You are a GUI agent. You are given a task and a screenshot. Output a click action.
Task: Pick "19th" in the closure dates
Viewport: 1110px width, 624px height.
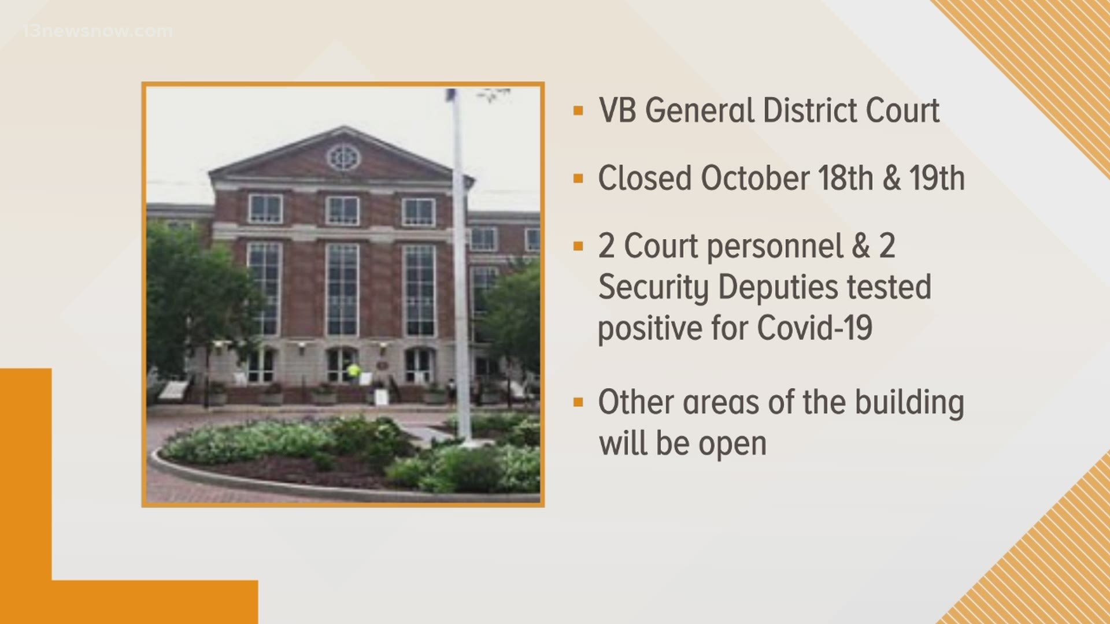937,178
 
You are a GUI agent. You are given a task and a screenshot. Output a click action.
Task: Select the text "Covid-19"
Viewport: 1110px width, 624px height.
814,328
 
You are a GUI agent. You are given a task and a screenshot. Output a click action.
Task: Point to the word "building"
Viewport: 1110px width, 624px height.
909,403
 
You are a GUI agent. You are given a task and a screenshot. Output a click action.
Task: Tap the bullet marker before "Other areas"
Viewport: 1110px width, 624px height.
578,402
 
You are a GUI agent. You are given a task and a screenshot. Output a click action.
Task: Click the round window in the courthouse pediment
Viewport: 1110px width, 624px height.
343,157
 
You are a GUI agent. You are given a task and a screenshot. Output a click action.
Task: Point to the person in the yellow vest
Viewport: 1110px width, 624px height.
353,373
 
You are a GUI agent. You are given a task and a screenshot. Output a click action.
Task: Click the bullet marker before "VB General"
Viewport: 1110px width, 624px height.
578,111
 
